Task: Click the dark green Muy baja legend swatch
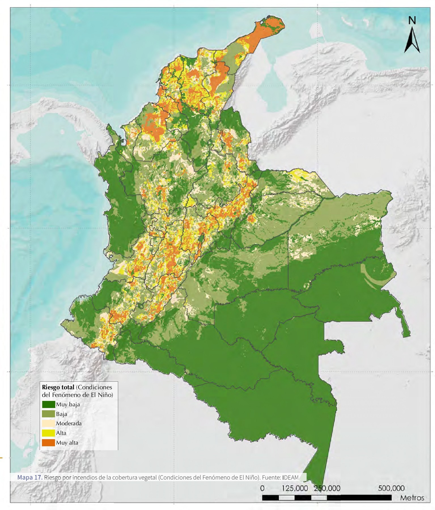click(x=48, y=404)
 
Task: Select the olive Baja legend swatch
click(x=48, y=414)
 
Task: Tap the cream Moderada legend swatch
click(x=48, y=424)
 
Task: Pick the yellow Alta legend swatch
click(x=48, y=433)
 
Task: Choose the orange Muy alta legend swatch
click(x=48, y=443)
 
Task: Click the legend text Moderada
click(x=69, y=424)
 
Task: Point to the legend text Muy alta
click(x=67, y=443)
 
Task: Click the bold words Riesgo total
click(x=58, y=387)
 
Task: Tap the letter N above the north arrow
click(x=412, y=20)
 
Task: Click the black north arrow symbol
click(x=412, y=41)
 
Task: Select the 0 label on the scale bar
click(x=262, y=488)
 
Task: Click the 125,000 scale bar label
click(x=295, y=488)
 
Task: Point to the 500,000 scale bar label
click(x=391, y=488)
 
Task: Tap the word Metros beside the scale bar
click(x=412, y=498)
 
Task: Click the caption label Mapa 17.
click(x=30, y=477)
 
